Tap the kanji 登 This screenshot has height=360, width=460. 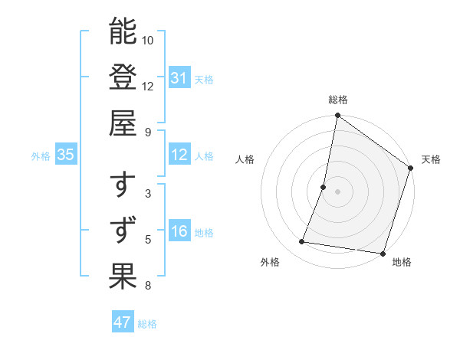pyautogui.click(x=123, y=77)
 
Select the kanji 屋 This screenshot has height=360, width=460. pyautogui.click(x=123, y=123)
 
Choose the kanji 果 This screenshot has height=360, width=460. pyautogui.click(x=123, y=277)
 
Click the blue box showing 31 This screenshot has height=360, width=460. pyautogui.click(x=179, y=78)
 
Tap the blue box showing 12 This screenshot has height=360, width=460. pyautogui.click(x=179, y=155)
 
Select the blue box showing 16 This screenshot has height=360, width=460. pyautogui.click(x=179, y=232)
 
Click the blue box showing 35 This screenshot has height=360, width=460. pyautogui.click(x=65, y=155)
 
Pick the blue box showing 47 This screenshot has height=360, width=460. pyautogui.click(x=123, y=322)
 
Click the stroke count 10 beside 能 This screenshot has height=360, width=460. pyautogui.click(x=148, y=40)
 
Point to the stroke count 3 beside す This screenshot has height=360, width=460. pyautogui.click(x=148, y=194)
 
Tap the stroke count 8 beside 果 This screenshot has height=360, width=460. pyautogui.click(x=148, y=286)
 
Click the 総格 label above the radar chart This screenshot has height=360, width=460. pyautogui.click(x=337, y=100)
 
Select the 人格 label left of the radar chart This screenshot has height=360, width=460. pyautogui.click(x=245, y=159)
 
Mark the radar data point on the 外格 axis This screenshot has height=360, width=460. pyautogui.click(x=302, y=242)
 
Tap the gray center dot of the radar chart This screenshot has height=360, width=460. pyautogui.click(x=337, y=191)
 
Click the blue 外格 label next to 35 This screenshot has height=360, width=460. pyautogui.click(x=41, y=156)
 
